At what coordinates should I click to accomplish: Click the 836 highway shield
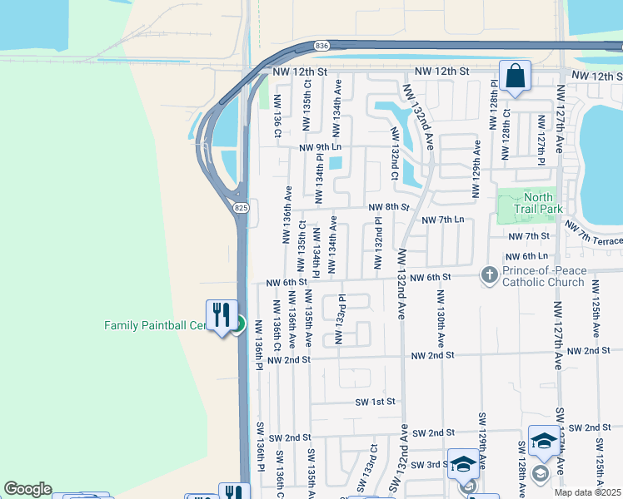(x=322, y=46)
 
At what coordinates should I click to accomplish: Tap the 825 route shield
(x=241, y=207)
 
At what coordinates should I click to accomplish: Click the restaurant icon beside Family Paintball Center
(x=222, y=315)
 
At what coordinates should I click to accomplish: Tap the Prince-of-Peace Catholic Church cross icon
(x=489, y=273)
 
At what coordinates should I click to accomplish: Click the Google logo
(x=27, y=489)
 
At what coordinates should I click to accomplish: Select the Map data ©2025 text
(x=587, y=492)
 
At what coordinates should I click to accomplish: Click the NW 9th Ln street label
(x=319, y=147)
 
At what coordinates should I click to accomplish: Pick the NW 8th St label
(x=388, y=207)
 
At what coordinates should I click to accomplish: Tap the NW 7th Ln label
(x=442, y=220)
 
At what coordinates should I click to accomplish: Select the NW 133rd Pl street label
(x=340, y=318)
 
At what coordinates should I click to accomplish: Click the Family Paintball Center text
(x=154, y=325)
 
